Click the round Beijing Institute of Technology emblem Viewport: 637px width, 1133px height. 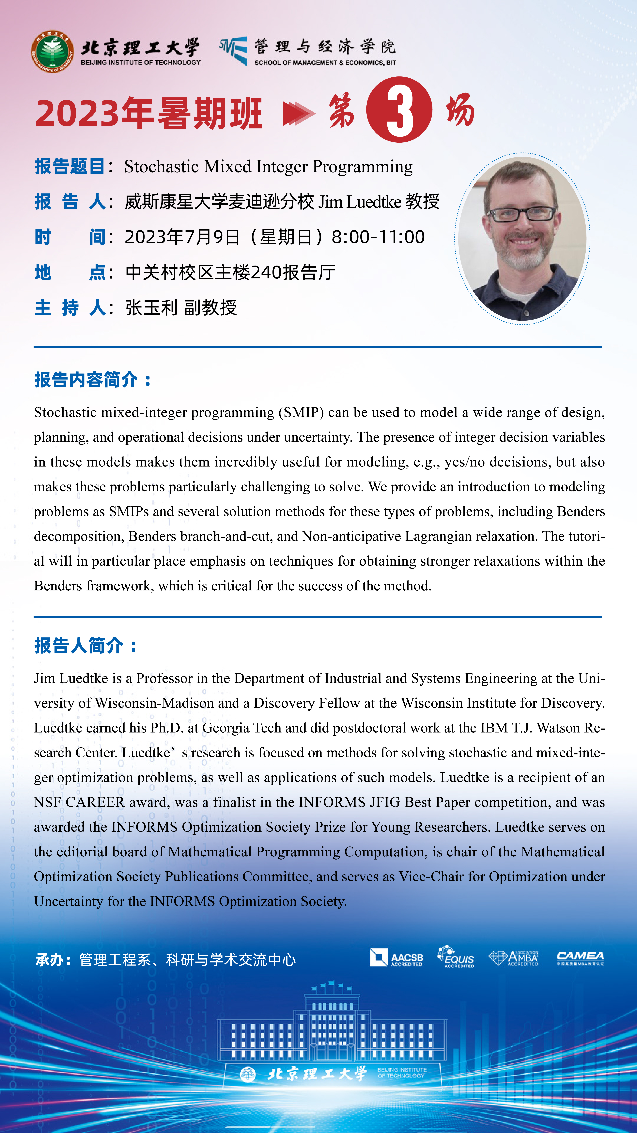coord(52,51)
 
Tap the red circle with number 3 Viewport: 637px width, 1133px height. coord(399,110)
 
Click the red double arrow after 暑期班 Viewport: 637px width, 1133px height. coord(299,113)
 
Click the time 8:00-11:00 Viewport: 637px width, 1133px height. coord(378,237)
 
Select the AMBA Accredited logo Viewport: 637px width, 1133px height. coord(513,958)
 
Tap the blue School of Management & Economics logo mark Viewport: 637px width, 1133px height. coord(234,51)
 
